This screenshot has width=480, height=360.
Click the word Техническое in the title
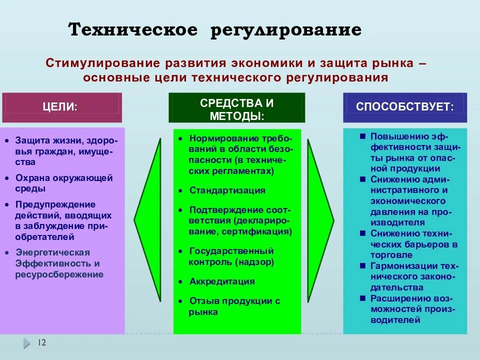pyautogui.click(x=133, y=30)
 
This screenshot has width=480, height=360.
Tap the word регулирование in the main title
pyautogui.click(x=286, y=30)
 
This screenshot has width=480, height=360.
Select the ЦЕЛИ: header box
pyautogui.click(x=62, y=107)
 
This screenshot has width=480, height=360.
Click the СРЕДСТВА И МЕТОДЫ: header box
pyautogui.click(x=236, y=108)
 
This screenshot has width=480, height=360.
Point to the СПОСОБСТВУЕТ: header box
pyautogui.click(x=404, y=106)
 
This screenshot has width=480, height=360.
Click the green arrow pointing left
pyautogui.click(x=148, y=219)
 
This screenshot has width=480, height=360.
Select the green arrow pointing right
pyautogui.click(x=320, y=219)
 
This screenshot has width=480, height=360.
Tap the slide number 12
pyautogui.click(x=42, y=342)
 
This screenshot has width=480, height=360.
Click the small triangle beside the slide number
pyautogui.click(x=26, y=343)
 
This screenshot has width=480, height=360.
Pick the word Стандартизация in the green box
pyautogui.click(x=227, y=190)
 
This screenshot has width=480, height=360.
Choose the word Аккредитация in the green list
pyautogui.click(x=222, y=281)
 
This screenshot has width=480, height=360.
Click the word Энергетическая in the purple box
pyautogui.click(x=52, y=252)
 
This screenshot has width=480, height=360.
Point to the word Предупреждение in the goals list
pyautogui.click(x=55, y=204)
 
